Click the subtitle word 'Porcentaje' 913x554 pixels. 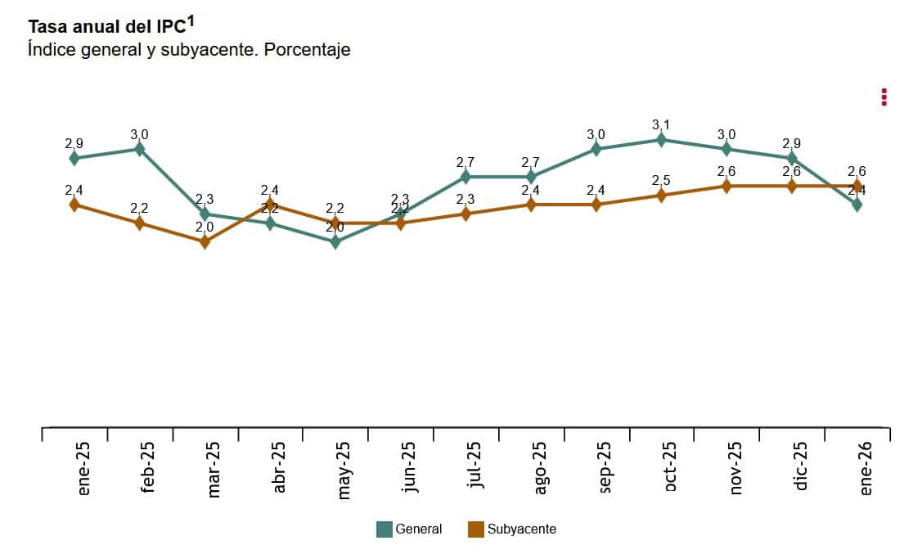click(x=307, y=50)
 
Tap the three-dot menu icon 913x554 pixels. click(x=884, y=97)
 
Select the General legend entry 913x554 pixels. click(x=409, y=529)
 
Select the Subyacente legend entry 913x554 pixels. click(x=512, y=529)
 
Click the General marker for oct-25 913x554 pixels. click(x=661, y=140)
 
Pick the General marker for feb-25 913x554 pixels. click(x=139, y=149)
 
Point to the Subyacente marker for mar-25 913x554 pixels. click(x=205, y=241)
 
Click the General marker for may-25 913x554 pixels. click(x=335, y=241)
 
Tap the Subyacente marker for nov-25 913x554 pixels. click(x=726, y=186)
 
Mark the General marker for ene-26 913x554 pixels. click(x=857, y=205)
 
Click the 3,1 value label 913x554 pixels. click(x=661, y=125)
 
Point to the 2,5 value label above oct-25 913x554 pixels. click(x=661, y=180)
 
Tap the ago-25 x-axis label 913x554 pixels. click(x=540, y=468)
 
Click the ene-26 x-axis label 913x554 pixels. click(x=866, y=468)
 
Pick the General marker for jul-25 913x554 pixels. click(x=465, y=177)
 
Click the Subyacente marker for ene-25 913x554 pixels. click(x=74, y=205)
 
